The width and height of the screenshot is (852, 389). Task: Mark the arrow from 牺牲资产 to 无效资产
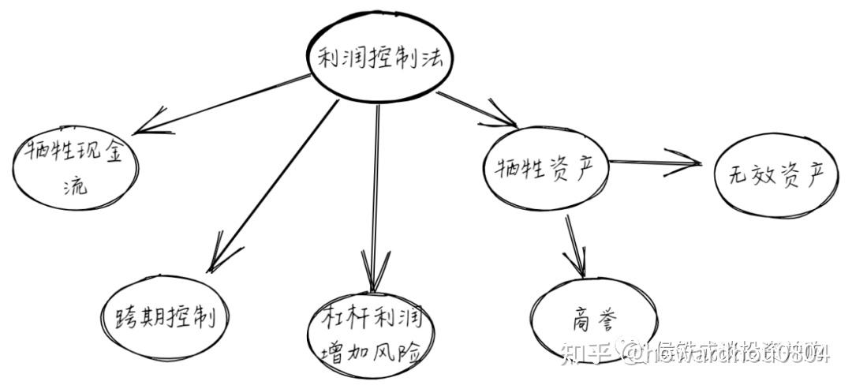coord(655,163)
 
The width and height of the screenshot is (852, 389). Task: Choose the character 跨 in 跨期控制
coord(118,317)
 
